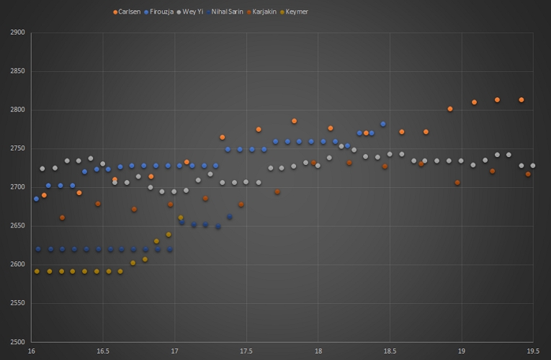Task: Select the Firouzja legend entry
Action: point(164,12)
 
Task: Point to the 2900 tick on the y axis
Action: point(18,32)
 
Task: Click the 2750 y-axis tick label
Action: point(18,148)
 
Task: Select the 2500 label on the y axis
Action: point(18,342)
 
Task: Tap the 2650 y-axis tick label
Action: point(18,226)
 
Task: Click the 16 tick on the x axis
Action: point(32,351)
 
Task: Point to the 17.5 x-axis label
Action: point(246,351)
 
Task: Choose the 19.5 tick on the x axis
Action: point(533,351)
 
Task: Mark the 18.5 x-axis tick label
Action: point(390,351)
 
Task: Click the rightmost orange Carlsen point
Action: point(521,100)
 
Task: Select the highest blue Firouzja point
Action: point(383,124)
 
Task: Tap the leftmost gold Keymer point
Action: point(37,271)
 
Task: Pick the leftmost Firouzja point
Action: point(36,199)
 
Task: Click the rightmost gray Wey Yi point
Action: point(533,166)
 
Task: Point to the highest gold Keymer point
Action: point(180,217)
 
